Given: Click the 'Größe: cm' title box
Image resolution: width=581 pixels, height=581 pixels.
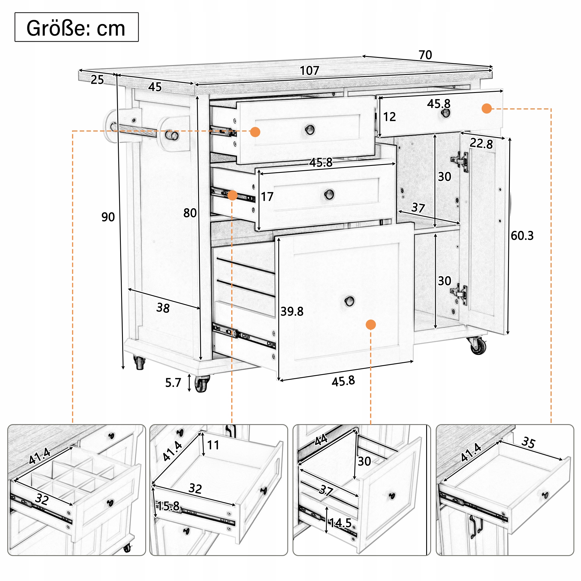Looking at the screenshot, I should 76,27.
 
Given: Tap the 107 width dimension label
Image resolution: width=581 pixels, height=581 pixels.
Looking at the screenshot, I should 309,71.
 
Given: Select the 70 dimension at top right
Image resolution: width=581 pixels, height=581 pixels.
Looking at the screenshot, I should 425,55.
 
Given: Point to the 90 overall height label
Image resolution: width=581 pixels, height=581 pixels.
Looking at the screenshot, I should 108,217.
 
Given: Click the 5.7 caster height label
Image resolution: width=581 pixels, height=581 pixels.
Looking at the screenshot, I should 173,383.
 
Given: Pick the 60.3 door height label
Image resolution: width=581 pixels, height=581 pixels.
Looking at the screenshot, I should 522,236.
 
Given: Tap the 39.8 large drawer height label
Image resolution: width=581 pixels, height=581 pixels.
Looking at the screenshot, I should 292,311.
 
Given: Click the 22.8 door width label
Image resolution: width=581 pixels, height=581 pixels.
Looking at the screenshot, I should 481,143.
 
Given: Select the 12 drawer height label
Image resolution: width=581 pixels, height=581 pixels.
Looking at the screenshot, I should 390,117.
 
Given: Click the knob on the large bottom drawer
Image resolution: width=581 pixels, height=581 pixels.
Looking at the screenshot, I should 349,301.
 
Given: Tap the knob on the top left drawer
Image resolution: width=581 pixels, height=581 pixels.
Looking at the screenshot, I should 310,130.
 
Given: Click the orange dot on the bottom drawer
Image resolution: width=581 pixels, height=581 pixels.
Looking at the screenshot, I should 371,325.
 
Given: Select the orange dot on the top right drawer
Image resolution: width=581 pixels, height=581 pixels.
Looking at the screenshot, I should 487,109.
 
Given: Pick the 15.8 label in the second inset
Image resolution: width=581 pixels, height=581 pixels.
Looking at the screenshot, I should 168,506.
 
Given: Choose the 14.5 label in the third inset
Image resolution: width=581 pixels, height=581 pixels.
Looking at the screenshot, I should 340,523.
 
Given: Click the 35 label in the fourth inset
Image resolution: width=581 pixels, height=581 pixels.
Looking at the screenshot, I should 528,442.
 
